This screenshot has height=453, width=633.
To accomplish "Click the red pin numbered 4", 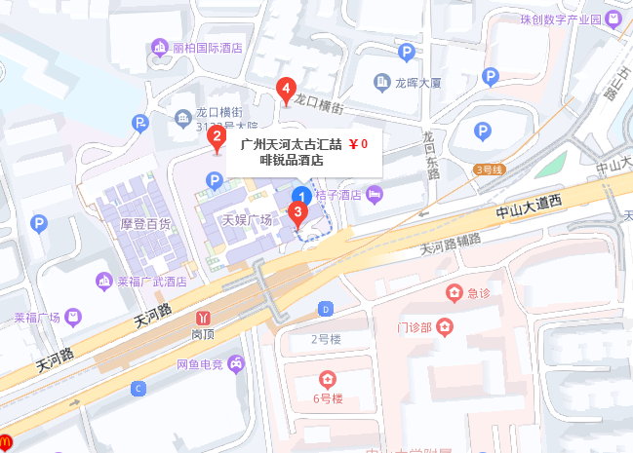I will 285,90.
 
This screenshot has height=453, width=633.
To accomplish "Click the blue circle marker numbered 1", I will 302,196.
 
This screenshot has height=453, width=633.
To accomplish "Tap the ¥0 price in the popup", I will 358,144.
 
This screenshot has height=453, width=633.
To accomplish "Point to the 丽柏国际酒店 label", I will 206,48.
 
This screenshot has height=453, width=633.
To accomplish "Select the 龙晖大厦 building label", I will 419,83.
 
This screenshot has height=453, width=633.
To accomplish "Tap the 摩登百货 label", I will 145,223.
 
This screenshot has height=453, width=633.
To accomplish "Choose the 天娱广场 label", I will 247,220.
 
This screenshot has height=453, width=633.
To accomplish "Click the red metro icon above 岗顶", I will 204,317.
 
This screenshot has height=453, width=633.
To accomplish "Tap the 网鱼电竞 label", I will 200,365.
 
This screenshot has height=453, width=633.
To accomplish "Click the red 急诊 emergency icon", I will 454,291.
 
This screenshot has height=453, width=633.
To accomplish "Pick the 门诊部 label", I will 415,325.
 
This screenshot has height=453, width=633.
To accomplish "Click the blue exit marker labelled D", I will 325,309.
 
